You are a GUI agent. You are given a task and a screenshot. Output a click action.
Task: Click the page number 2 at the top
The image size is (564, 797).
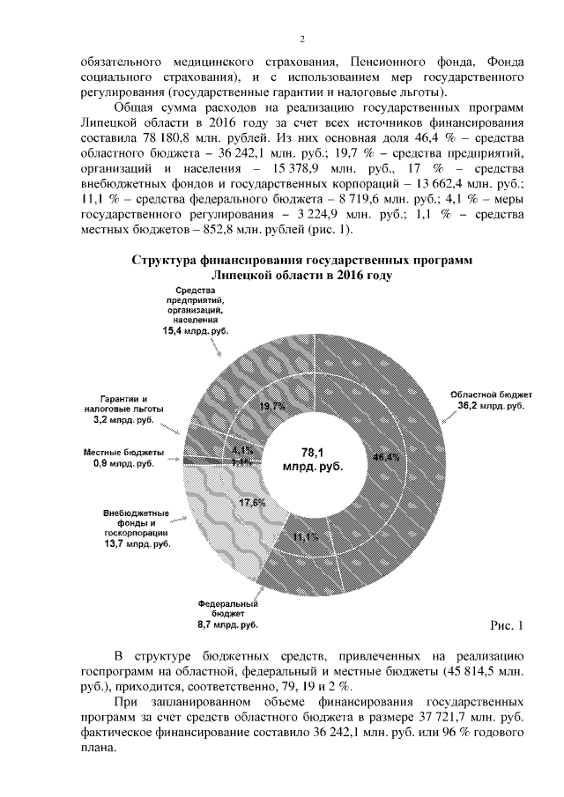(302, 39)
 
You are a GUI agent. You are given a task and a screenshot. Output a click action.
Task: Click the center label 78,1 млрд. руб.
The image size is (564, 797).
(313, 458)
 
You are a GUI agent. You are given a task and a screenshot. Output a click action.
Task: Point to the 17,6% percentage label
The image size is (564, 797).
(254, 503)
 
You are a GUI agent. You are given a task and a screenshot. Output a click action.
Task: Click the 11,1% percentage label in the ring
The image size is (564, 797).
(306, 536)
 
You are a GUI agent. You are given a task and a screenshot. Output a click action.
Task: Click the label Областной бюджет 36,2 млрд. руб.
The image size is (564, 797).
(484, 401)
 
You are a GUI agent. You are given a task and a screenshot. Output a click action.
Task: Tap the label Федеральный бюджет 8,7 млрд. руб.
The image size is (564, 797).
(227, 615)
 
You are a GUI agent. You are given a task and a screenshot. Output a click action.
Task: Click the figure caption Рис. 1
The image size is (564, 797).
(506, 625)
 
